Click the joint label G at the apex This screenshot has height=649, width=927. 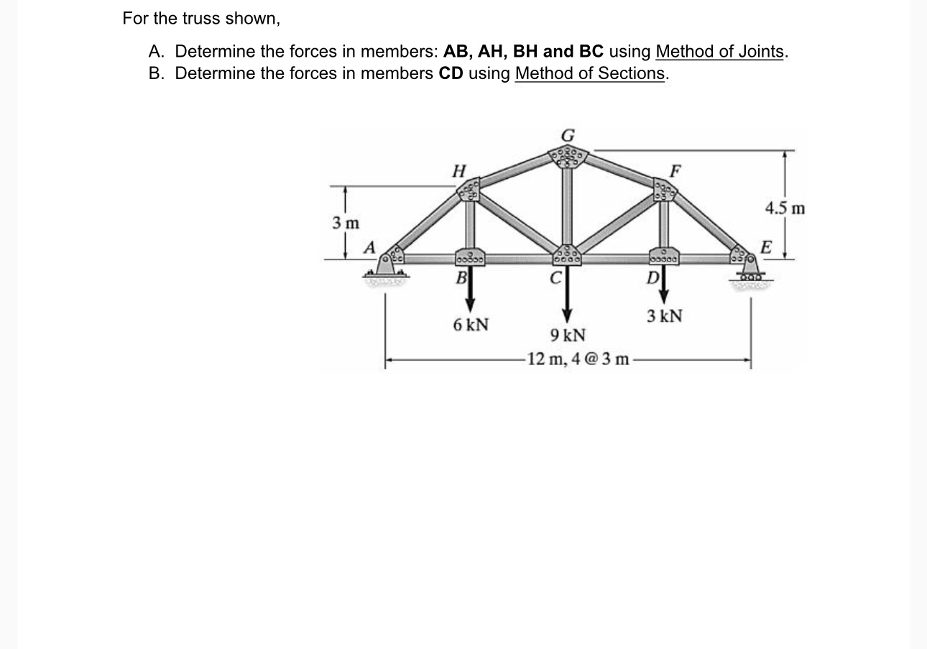(568, 134)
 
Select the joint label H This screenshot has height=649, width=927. (458, 170)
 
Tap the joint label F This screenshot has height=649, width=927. (674, 172)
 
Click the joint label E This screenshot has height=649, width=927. (767, 248)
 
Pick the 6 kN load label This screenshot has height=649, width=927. (471, 325)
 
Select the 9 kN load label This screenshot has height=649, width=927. (568, 336)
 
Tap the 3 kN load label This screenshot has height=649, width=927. (664, 316)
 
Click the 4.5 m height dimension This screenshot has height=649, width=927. (785, 209)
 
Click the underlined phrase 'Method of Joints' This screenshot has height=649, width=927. (719, 52)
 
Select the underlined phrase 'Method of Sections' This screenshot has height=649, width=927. (590, 73)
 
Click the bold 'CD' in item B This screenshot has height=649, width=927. (451, 73)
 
